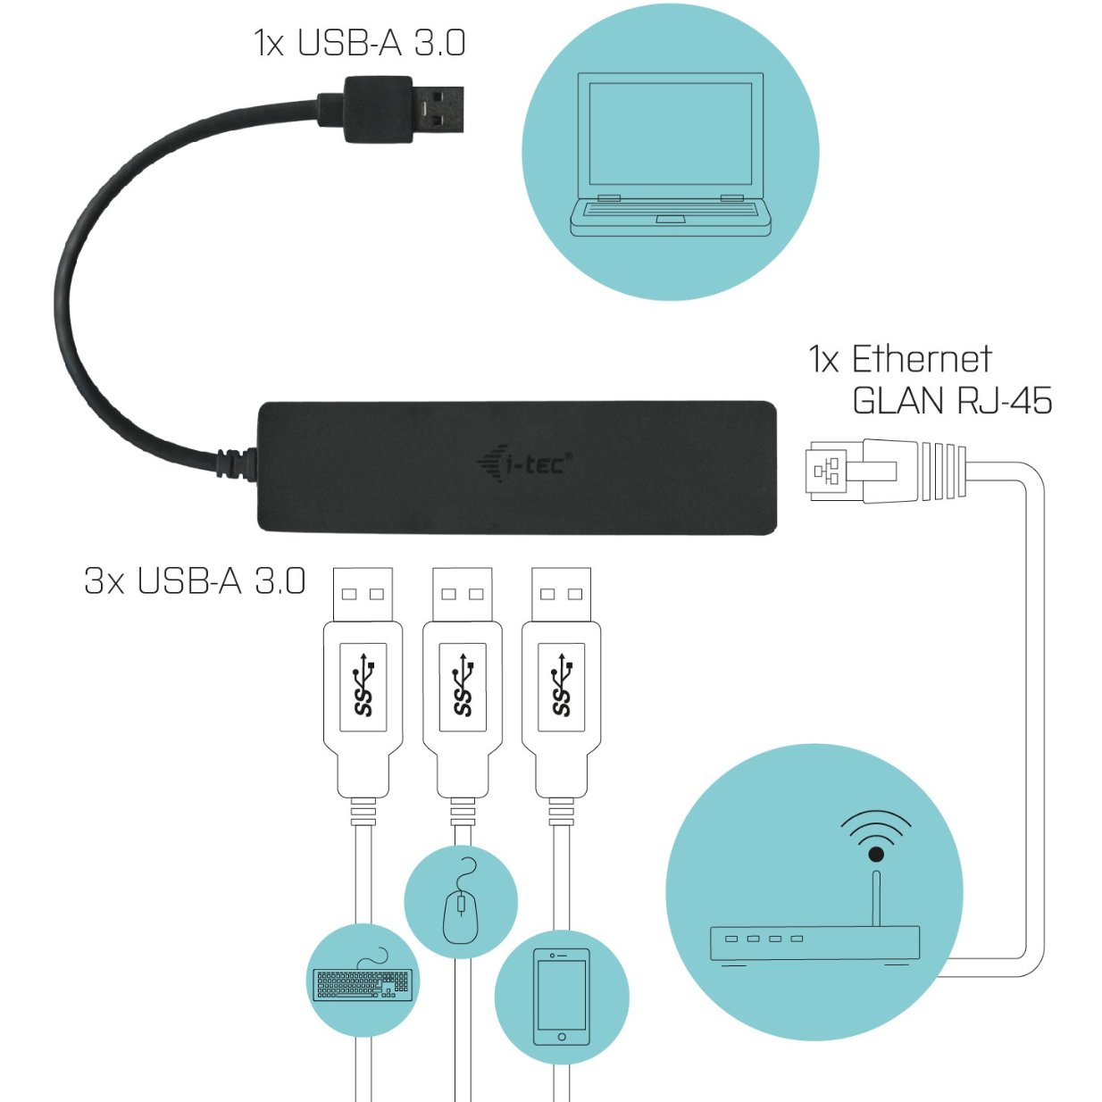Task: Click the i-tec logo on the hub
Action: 525,463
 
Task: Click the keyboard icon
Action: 363,982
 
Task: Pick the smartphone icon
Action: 561,997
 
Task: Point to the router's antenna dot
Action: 876,855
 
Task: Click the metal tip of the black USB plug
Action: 438,109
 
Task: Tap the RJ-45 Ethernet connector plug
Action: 884,471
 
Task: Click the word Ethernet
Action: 921,359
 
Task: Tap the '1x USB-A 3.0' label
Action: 360,43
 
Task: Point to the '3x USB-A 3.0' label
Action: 195,580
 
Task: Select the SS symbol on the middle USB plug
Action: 463,687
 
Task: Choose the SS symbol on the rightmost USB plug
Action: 562,687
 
